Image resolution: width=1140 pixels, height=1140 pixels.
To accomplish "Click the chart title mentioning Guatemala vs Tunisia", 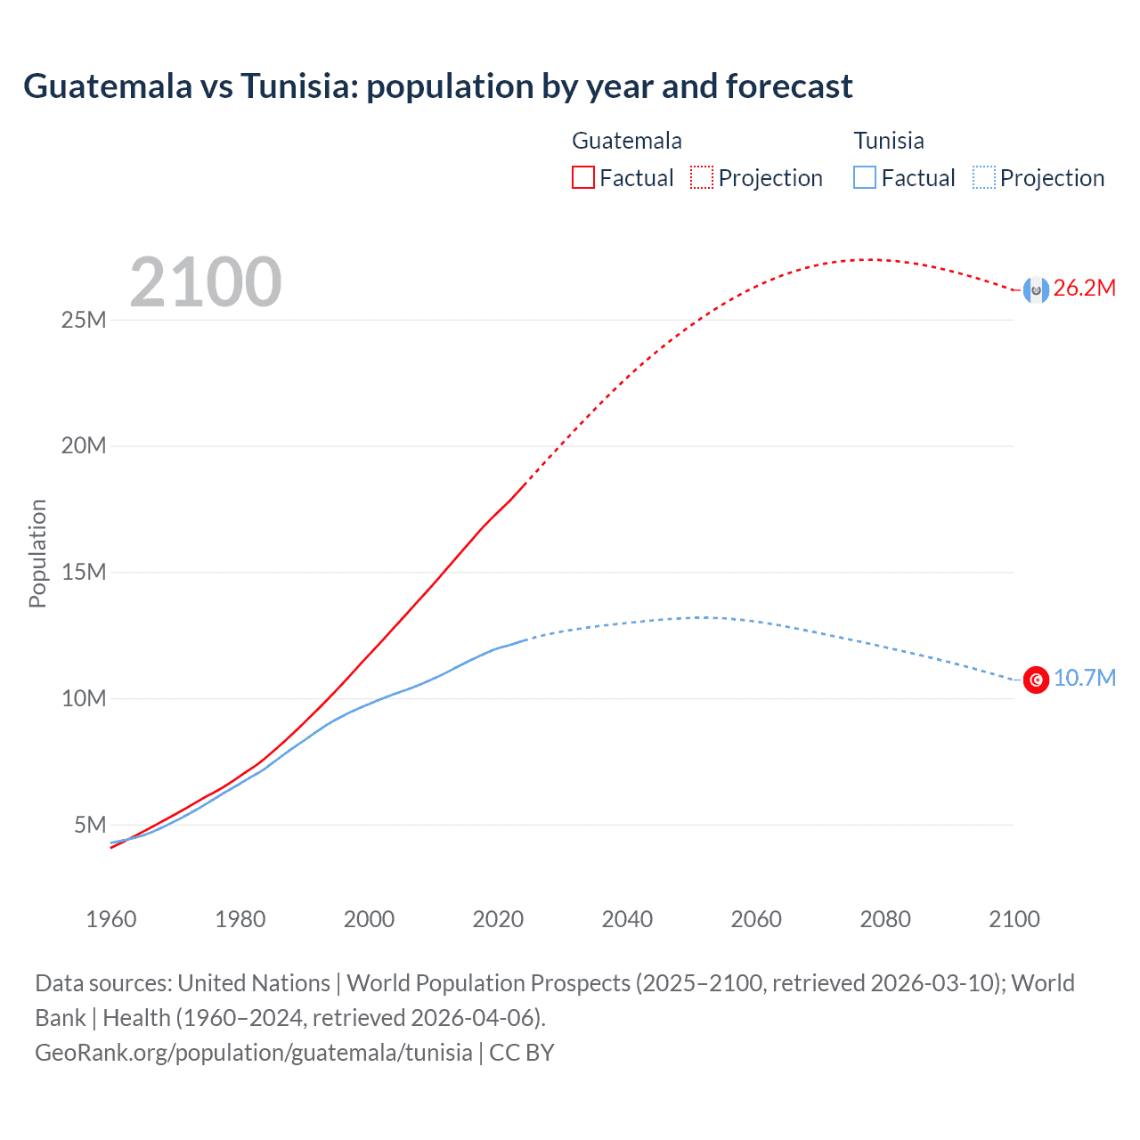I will coord(437,86).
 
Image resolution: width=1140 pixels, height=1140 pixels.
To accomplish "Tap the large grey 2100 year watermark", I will coord(206,282).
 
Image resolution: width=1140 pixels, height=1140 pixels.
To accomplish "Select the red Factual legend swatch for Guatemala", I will coord(582,177).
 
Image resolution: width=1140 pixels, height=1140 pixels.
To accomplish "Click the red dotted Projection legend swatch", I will coord(702,177).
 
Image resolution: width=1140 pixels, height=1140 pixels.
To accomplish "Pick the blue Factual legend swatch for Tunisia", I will coord(865,177).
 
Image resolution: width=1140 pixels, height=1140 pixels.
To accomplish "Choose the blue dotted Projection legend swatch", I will coord(984,177).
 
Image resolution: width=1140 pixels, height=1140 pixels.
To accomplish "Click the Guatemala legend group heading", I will coord(626,141).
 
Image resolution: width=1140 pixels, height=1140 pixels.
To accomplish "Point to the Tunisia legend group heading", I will coord(888,141).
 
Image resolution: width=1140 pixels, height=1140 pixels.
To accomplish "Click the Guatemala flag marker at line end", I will coord(1036,289).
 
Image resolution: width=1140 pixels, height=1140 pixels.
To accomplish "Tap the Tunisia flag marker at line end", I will coord(1036,680).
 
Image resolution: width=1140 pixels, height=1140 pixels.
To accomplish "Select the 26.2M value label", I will coord(1084,288).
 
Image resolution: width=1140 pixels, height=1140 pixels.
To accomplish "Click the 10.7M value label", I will coord(1084,678).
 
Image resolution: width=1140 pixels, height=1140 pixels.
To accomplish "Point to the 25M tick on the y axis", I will coord(84,320).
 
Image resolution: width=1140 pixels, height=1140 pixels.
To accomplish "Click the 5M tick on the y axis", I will coord(90,825).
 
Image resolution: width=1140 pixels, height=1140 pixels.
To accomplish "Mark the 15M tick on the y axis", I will coord(84,572).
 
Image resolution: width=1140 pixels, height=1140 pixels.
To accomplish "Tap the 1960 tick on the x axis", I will coord(111,919).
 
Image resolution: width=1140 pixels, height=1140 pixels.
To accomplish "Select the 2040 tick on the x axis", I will coord(627,919).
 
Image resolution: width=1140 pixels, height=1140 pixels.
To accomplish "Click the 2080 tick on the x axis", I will coord(885,919).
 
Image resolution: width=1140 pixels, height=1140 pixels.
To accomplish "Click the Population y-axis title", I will coord(37,553).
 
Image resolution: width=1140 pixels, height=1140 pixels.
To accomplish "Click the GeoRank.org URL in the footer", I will coord(254,1053).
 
